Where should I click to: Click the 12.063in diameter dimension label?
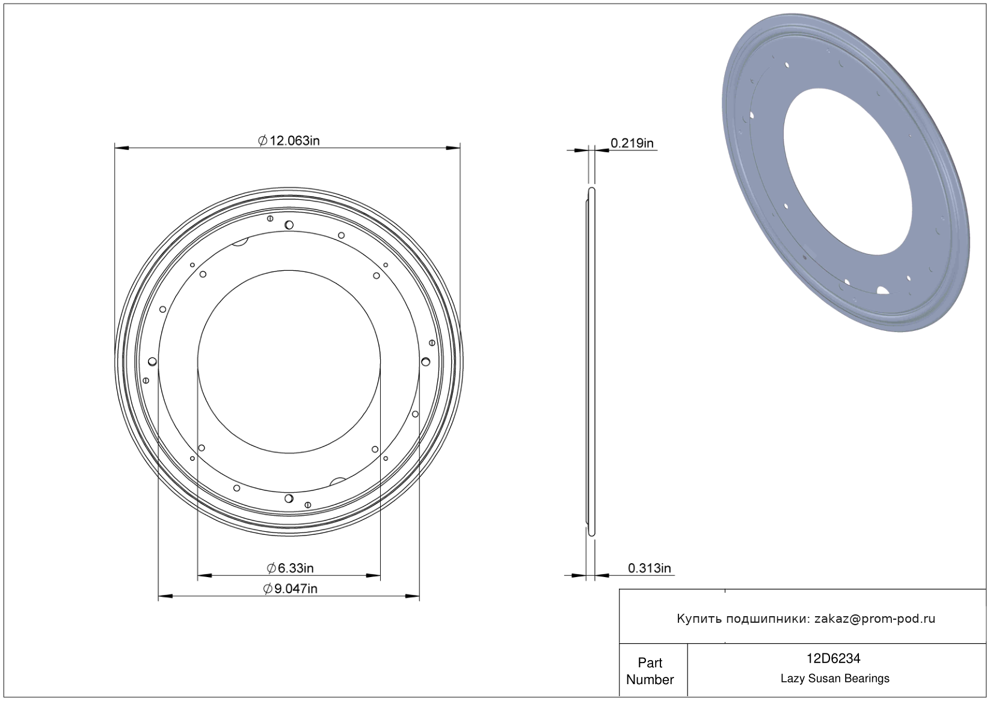tap(289, 141)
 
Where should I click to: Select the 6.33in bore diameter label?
tap(290, 568)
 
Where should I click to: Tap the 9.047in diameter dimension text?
tap(290, 588)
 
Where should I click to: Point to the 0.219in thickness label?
tap(632, 143)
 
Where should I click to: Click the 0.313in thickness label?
tap(649, 568)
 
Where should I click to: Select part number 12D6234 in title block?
tap(834, 658)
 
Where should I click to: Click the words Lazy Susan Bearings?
tap(835, 679)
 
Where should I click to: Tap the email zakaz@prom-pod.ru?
tap(875, 619)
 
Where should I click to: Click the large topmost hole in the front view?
tap(289, 225)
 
